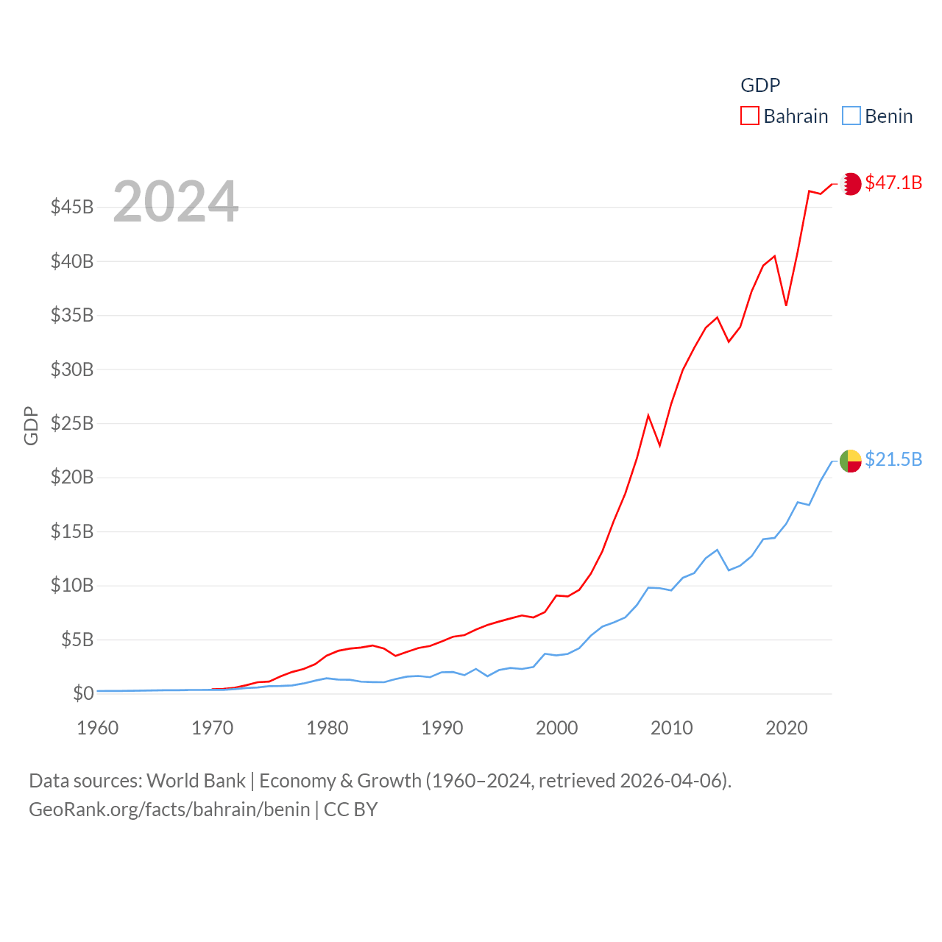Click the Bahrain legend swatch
[x=749, y=116]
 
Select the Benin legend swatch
[x=851, y=116]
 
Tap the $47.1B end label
[x=893, y=183]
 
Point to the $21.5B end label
[x=893, y=459]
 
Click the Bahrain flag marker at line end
[x=851, y=183]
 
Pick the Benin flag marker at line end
[x=851, y=461]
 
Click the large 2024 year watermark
[x=175, y=201]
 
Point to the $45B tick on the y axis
[x=72, y=207]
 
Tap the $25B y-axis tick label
[x=72, y=423]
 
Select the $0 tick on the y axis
[x=83, y=693]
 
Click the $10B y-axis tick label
[x=72, y=586]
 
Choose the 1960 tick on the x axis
[x=98, y=728]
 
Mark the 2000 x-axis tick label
[x=557, y=728]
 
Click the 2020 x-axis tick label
[x=787, y=728]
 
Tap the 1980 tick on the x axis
[x=327, y=728]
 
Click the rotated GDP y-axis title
[x=31, y=425]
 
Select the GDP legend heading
[x=760, y=85]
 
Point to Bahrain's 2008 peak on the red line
[x=648, y=416]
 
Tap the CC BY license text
[x=350, y=810]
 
